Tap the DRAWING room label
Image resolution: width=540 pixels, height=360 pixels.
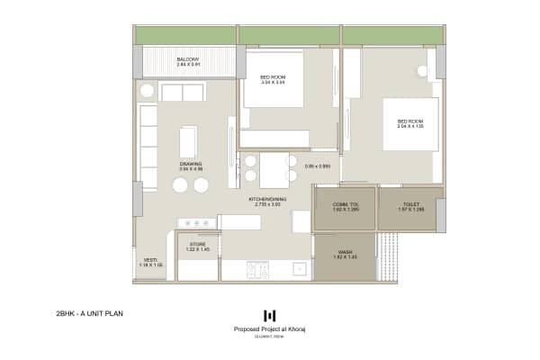click(190, 164)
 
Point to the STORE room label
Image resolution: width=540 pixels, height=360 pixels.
click(197, 244)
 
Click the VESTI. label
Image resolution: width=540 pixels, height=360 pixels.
click(150, 261)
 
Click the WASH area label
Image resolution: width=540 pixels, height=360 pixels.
click(345, 252)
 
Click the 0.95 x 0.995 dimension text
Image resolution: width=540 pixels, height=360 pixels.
click(319, 166)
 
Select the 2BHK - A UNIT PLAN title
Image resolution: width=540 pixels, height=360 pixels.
click(89, 314)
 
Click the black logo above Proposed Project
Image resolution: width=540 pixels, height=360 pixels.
click(269, 315)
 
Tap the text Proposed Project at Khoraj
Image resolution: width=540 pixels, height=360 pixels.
click(269, 329)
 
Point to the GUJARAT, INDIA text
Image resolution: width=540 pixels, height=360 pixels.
click(269, 337)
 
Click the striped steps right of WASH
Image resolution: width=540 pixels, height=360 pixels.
click(388, 256)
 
